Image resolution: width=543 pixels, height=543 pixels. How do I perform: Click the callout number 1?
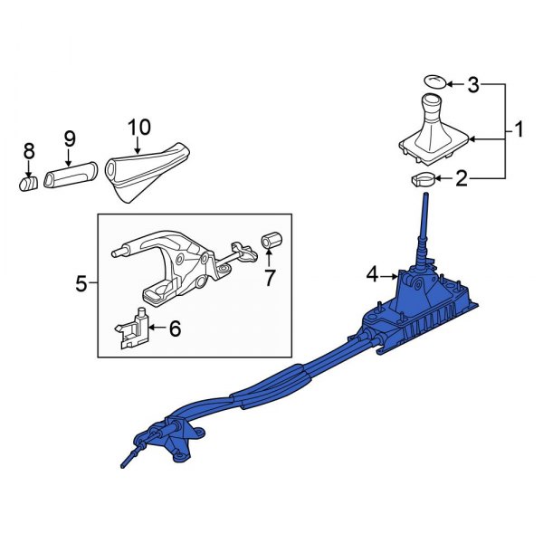click(x=519, y=131)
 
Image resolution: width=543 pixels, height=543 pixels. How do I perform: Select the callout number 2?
click(x=462, y=179)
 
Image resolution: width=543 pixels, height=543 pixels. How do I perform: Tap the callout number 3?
click(x=472, y=86)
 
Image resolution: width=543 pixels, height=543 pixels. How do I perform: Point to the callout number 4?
click(x=372, y=273)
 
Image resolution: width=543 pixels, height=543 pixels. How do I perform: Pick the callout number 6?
click(x=175, y=329)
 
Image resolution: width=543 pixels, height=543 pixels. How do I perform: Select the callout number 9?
click(x=69, y=140)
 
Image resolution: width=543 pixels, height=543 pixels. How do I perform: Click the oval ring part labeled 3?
click(x=436, y=81)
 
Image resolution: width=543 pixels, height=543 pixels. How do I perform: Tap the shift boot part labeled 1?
click(x=433, y=127)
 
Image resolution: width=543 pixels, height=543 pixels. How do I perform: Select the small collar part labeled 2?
click(x=423, y=179)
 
